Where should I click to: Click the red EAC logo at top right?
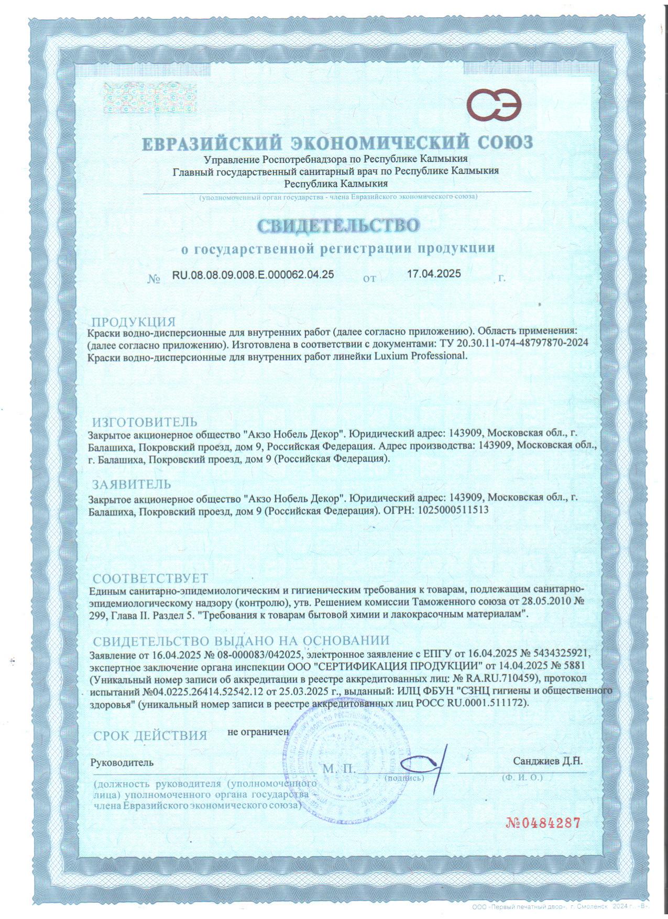pos(495,106)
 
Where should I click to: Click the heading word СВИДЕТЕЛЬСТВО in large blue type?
pos(338,225)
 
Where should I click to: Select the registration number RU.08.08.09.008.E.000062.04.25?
pos(253,274)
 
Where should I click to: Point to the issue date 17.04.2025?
pos(434,273)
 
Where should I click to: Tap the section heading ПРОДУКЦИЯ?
pos(134,322)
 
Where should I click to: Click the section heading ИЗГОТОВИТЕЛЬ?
pos(145,422)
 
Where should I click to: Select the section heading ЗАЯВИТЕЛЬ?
pos(132,484)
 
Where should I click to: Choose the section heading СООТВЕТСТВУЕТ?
pos(150,578)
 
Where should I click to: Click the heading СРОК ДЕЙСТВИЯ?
pos(150,736)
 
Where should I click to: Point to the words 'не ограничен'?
pos(258,731)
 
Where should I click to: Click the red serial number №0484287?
pos(543,823)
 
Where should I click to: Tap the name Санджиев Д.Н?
pos(547,761)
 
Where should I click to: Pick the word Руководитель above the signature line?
pos(122,762)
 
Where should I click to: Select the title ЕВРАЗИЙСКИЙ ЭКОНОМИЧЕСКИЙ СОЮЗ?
pos(338,143)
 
